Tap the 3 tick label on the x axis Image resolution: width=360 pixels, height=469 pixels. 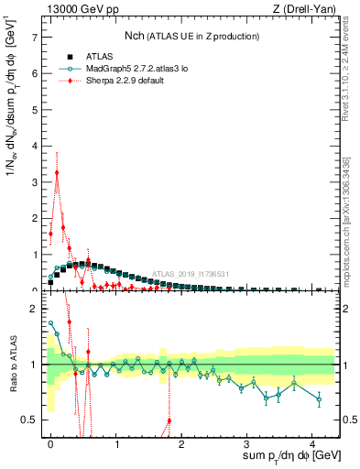coord(247,442)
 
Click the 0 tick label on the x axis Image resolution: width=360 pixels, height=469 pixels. coord(50,442)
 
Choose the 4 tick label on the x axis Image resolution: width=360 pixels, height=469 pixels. coord(312,442)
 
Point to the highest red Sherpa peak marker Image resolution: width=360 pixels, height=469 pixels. coord(57,172)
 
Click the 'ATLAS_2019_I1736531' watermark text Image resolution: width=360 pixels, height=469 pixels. coord(191,274)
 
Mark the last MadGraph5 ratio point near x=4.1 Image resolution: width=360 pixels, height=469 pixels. coord(319,398)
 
